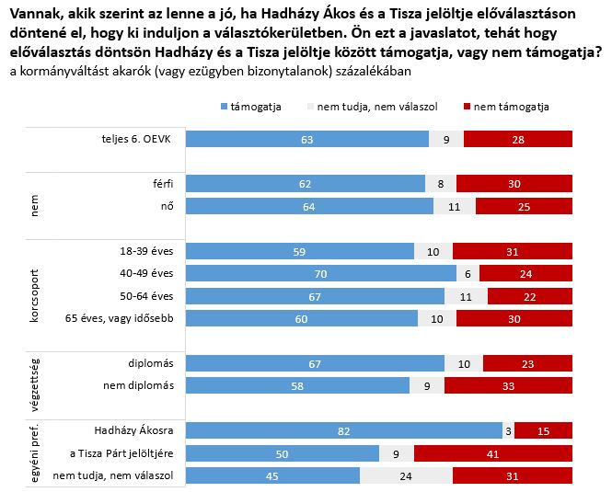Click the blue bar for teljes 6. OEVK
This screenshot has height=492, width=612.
[307, 140]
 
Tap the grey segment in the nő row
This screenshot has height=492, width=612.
[454, 206]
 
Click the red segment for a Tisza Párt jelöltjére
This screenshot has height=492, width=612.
[493, 452]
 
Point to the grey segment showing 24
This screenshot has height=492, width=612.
[406, 475]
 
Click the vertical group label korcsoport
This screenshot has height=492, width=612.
[35, 284]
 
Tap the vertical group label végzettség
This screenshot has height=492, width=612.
[35, 373]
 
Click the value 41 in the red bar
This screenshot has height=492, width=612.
[493, 452]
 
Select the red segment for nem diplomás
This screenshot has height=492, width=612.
[509, 385]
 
